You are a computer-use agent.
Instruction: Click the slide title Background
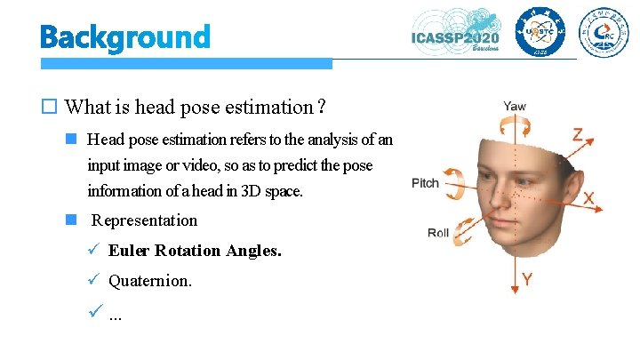tap(124, 37)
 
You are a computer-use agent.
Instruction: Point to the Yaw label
tap(514, 106)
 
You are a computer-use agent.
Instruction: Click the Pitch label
tap(425, 183)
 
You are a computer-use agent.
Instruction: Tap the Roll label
tap(438, 233)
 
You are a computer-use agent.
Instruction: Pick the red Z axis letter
tap(577, 134)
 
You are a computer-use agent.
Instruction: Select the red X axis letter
tap(588, 199)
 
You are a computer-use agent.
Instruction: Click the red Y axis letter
tap(527, 280)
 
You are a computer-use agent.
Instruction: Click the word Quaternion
tap(149, 281)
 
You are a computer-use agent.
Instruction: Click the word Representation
tap(145, 220)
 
